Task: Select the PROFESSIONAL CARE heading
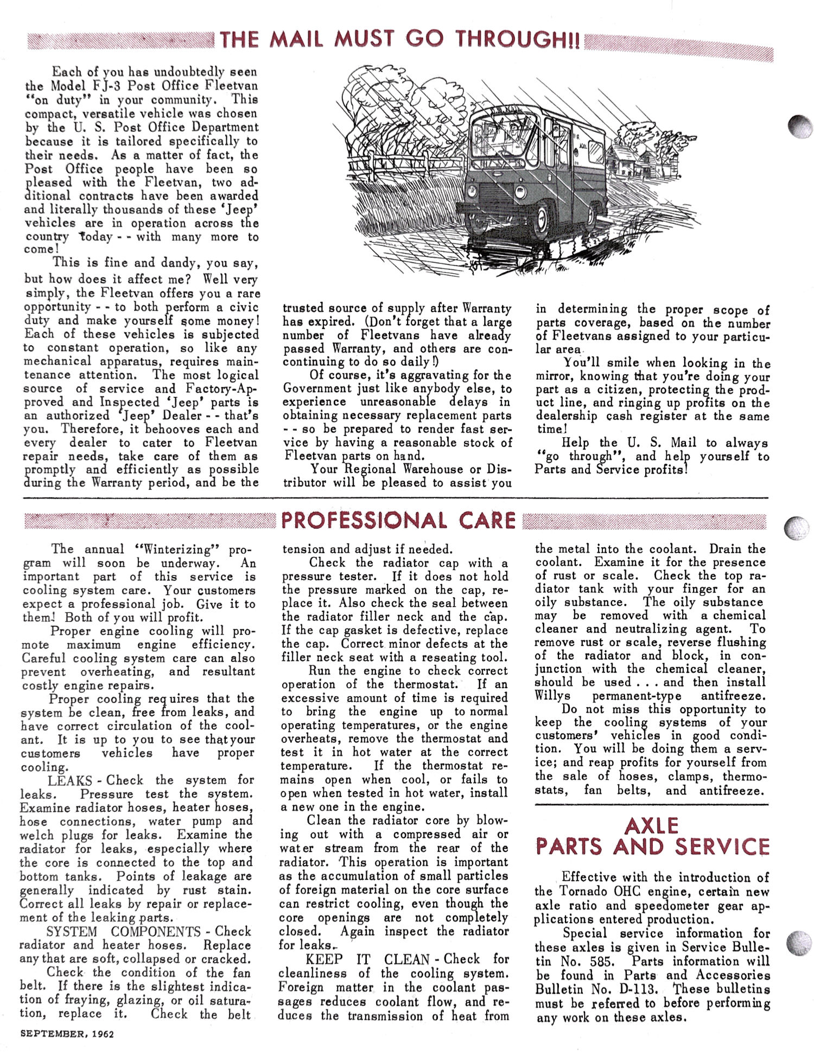coord(398,520)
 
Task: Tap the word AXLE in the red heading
coord(651,826)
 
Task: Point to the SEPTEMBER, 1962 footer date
coord(67,1034)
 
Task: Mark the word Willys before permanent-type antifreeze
coord(552,696)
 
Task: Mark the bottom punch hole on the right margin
coord(799,943)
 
